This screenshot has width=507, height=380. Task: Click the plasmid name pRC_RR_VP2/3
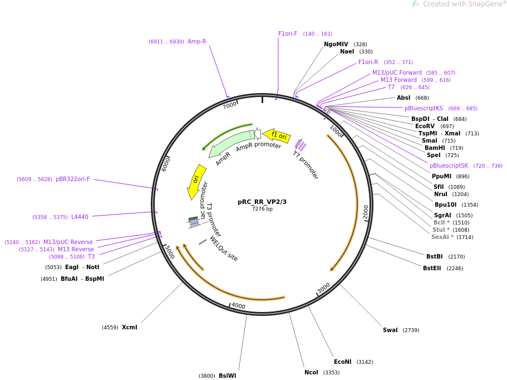pyautogui.click(x=262, y=202)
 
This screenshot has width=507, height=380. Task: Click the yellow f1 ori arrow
pyautogui.click(x=277, y=135)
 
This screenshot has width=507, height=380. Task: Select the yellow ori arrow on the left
pyautogui.click(x=196, y=181)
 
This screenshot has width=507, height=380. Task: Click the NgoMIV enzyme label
pyautogui.click(x=336, y=45)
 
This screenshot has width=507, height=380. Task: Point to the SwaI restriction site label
pyautogui.click(x=390, y=330)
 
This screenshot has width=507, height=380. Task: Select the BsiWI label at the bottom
pyautogui.click(x=227, y=376)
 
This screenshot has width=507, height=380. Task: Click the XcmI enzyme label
pyautogui.click(x=129, y=328)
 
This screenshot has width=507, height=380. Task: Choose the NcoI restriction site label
pyautogui.click(x=311, y=373)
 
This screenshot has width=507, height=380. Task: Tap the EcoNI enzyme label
pyautogui.click(x=342, y=362)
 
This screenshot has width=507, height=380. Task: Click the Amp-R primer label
pyautogui.click(x=196, y=42)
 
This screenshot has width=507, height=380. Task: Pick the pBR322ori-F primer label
pyautogui.click(x=72, y=179)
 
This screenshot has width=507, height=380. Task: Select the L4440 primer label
pyautogui.click(x=80, y=217)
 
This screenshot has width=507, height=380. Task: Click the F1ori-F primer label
pyautogui.click(x=288, y=34)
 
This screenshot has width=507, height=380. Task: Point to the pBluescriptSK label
pyautogui.click(x=449, y=166)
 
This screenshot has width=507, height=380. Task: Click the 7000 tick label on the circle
pyautogui.click(x=230, y=105)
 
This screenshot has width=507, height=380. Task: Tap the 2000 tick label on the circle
pyautogui.click(x=366, y=212)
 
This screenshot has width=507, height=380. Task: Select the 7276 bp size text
pyautogui.click(x=262, y=210)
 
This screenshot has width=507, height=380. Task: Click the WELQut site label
pyautogui.click(x=223, y=249)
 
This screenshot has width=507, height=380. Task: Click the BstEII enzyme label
pyautogui.click(x=432, y=269)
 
